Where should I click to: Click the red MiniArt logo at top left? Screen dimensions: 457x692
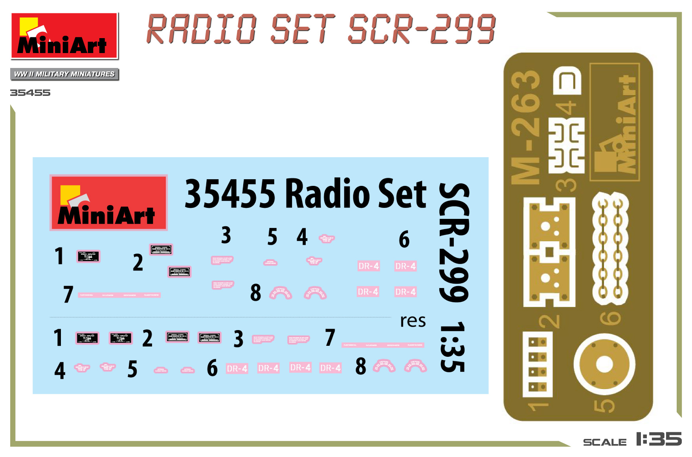(x=64, y=36)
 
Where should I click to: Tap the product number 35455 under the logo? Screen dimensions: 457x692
(x=30, y=93)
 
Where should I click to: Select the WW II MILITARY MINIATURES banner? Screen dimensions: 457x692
(x=64, y=74)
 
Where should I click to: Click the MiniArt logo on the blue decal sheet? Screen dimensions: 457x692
(x=108, y=203)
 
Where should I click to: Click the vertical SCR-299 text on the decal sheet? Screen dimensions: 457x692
(x=454, y=242)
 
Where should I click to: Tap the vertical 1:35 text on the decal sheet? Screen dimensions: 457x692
(x=453, y=347)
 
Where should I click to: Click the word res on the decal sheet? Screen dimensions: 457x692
(x=413, y=321)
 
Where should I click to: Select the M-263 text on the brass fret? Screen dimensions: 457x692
(x=526, y=128)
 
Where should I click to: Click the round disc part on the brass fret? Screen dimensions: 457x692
(x=604, y=364)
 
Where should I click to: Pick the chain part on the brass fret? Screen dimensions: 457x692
(x=610, y=248)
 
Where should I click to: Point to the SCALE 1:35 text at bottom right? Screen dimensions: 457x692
(x=632, y=440)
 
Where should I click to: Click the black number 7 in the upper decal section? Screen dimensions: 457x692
(x=68, y=294)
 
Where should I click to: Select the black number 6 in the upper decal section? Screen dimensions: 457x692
(x=404, y=239)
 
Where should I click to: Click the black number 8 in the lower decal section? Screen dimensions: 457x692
(x=361, y=366)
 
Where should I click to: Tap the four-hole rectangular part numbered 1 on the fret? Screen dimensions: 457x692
(x=537, y=364)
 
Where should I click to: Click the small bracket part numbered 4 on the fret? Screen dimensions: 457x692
(x=567, y=81)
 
